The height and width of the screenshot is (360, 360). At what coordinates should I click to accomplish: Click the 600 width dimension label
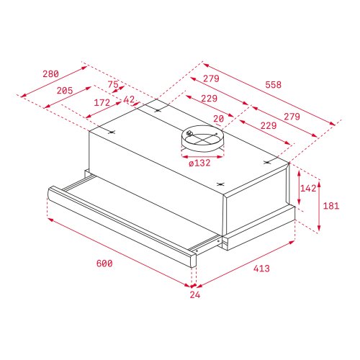(104, 264)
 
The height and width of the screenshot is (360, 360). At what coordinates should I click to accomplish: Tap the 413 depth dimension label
(261, 269)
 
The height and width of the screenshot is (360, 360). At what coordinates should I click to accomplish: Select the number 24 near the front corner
(195, 294)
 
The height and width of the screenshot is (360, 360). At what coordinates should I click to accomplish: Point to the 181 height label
(330, 206)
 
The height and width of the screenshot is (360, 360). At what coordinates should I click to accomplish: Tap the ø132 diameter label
(199, 163)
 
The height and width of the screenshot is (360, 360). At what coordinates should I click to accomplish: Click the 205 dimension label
(66, 91)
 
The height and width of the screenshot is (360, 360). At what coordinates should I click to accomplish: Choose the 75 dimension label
(113, 84)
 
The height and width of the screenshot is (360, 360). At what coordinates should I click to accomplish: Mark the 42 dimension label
(130, 100)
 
